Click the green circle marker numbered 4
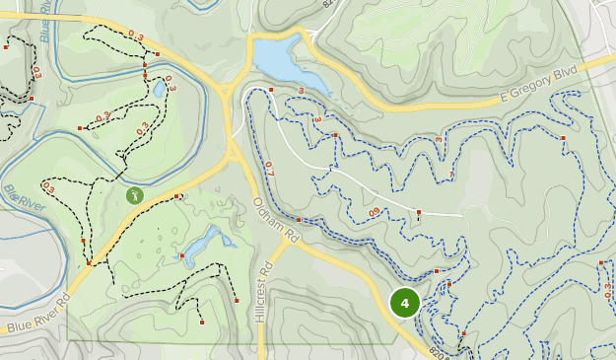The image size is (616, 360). click(405, 302)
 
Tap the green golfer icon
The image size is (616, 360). click(135, 195)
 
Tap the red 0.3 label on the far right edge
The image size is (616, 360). click(606, 287)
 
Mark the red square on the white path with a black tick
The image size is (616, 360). click(419, 212)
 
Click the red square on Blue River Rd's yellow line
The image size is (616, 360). click(89, 262)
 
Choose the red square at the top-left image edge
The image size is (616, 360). click(6, 45)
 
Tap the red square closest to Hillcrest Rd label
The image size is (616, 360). click(236, 300)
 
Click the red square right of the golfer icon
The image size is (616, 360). click(177, 196)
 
